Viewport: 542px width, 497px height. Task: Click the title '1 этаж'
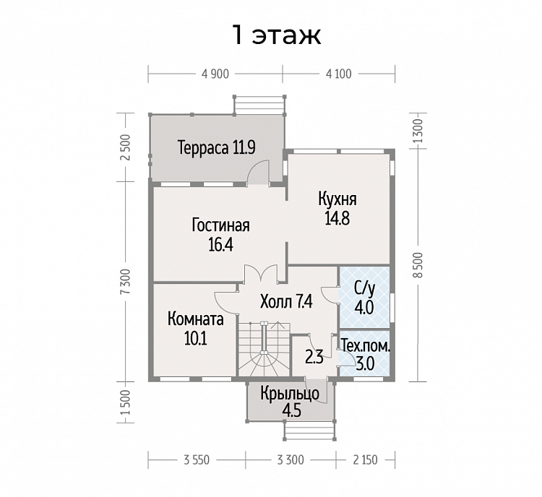[277, 35]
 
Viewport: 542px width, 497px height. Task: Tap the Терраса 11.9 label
[217, 147]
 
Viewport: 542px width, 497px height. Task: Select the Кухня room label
[337, 199]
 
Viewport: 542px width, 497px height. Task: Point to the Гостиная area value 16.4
[221, 245]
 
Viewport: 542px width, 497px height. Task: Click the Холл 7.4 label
[286, 302]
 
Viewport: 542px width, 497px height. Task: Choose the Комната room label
[196, 319]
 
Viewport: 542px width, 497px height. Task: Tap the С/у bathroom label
[364, 289]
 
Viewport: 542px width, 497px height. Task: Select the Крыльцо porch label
[290, 394]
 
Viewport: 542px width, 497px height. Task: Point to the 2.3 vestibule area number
[314, 358]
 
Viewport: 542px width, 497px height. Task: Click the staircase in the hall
[264, 349]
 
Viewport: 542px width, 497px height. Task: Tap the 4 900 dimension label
[215, 74]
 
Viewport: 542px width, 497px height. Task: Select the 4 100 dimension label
[338, 74]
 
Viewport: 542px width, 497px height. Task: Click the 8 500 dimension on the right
[418, 264]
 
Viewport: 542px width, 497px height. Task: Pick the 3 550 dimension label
[197, 460]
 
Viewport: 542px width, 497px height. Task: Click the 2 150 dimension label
[366, 460]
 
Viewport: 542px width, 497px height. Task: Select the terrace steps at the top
[260, 104]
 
